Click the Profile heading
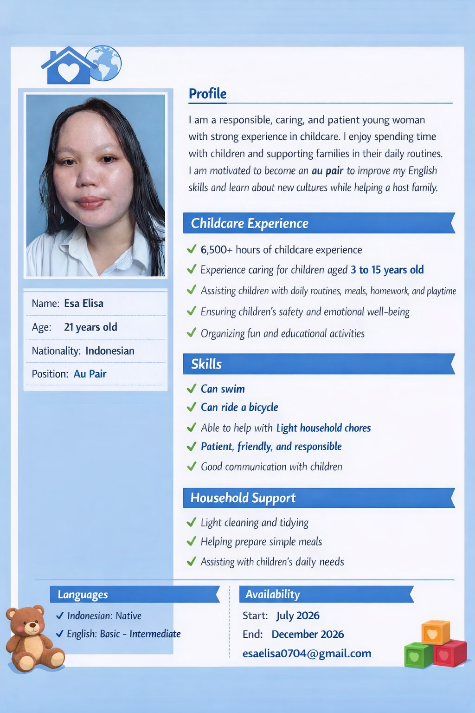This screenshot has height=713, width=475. pos(207,94)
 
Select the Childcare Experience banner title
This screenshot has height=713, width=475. pos(250,223)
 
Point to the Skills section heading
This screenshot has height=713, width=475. pos(206,364)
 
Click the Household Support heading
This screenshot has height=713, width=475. pos(243,498)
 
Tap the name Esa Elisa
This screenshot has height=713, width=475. pos(83,304)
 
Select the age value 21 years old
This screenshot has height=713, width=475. pos(90,327)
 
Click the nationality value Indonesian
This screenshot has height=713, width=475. pos(110,351)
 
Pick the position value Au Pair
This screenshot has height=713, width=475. pos(90,374)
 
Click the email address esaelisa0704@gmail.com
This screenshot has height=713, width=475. pos(307,654)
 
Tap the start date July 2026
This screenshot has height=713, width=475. pos(298,616)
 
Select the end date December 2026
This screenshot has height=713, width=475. pos(308,635)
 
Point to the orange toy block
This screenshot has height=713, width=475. pos(435,632)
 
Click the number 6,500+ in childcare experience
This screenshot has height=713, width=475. pos(216,250)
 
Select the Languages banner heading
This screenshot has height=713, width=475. pos(83,595)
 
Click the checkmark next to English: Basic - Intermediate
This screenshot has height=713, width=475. pos(60,634)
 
